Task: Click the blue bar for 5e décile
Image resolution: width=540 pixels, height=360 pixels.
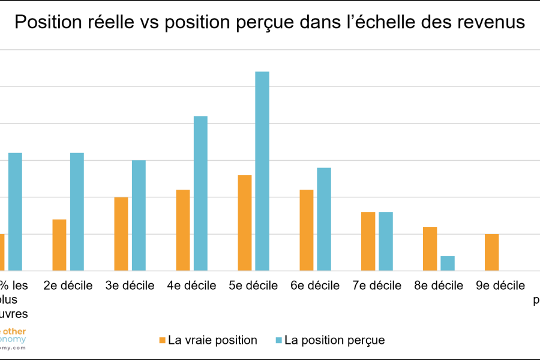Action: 262,171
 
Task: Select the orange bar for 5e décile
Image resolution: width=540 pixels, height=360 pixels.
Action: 245,223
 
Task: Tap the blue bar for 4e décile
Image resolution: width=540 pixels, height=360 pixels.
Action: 200,193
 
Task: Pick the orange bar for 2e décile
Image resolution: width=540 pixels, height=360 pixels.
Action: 59,245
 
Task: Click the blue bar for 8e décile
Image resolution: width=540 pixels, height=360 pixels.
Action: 448,263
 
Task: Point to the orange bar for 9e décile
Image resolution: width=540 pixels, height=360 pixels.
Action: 491,252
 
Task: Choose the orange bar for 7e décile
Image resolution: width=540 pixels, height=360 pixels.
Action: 368,241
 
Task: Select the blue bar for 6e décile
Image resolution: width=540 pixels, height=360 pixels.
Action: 324,219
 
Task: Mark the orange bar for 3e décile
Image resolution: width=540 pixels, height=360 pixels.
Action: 121,234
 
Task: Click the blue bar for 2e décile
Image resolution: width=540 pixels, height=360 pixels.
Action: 77,212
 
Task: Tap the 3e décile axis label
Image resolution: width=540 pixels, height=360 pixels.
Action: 130,286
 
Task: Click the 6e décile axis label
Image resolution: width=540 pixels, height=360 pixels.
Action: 316,286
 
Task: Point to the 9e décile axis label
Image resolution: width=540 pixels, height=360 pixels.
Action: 500,286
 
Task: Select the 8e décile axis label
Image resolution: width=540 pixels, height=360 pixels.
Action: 439,286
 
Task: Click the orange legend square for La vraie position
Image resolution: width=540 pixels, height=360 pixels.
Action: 162,340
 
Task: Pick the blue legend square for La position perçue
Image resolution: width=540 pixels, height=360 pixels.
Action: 278,340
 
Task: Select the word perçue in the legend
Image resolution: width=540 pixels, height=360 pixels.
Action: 364,341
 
